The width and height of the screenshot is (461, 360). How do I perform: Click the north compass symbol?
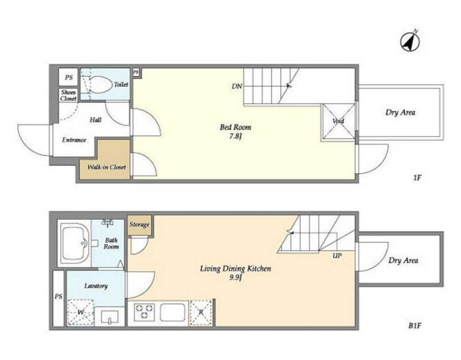click(x=410, y=42)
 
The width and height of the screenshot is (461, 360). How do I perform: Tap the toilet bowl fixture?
click(x=99, y=85)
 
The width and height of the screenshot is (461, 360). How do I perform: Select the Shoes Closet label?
click(x=68, y=95)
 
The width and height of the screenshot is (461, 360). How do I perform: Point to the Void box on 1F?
click(x=339, y=121)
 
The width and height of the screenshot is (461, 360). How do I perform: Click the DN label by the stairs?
click(x=237, y=86)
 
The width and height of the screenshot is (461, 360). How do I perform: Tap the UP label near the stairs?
click(x=337, y=256)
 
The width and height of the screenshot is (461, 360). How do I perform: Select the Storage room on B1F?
click(x=139, y=225)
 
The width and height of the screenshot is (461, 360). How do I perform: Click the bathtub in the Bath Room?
click(x=75, y=244)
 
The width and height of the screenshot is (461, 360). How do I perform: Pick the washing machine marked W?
click(x=80, y=312)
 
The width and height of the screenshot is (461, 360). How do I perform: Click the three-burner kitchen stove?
click(x=144, y=312)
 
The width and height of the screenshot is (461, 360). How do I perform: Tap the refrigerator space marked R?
click(x=201, y=313)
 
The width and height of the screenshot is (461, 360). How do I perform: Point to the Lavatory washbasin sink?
click(x=110, y=316)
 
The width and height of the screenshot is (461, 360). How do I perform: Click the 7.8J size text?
click(x=235, y=136)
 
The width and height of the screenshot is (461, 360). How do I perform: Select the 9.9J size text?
click(x=235, y=278)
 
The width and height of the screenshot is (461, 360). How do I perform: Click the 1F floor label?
click(x=417, y=178)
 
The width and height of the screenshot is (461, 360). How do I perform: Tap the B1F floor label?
click(x=415, y=325)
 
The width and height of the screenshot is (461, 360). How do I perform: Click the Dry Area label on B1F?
click(x=403, y=260)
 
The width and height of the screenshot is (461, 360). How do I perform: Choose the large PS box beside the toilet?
click(x=68, y=77)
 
